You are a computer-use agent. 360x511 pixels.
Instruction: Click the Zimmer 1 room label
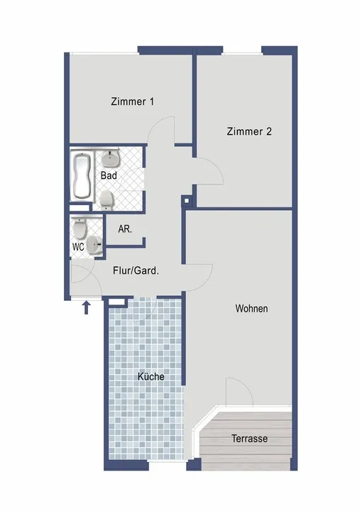(x=132, y=101)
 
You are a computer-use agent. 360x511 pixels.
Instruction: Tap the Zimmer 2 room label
(x=249, y=131)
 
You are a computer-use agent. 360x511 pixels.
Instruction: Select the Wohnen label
(x=251, y=308)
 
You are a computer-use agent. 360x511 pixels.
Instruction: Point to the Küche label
(x=151, y=376)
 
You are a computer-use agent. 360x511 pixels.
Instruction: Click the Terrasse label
(x=249, y=439)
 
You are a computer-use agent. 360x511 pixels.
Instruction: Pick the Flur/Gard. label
(x=136, y=270)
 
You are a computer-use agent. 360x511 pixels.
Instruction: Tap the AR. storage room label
(x=125, y=229)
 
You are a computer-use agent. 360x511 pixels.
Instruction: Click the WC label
(x=78, y=247)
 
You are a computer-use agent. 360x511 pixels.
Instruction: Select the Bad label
(x=109, y=175)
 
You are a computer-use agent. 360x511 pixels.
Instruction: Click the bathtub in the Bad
(x=81, y=176)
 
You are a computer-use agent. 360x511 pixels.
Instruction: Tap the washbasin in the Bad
(x=111, y=158)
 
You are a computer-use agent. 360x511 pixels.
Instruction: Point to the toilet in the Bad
(x=107, y=200)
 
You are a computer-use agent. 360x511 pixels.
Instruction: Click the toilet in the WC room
(x=80, y=228)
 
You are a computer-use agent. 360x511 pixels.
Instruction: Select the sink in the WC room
(x=95, y=244)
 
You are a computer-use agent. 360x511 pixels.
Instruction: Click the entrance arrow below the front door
(x=86, y=307)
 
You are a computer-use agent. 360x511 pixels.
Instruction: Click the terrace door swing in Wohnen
(x=244, y=385)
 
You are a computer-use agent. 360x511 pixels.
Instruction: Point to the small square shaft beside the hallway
(x=186, y=200)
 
